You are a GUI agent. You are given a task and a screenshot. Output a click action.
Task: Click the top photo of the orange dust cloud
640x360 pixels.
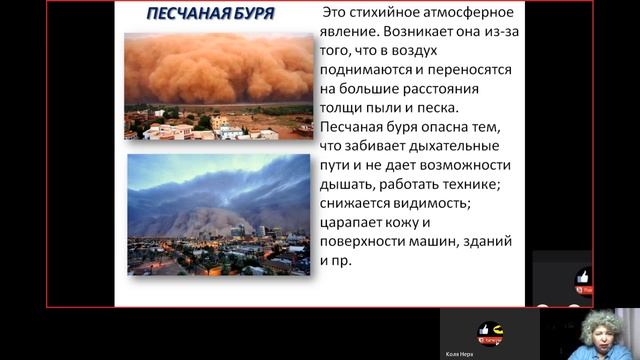(x=218, y=85)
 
